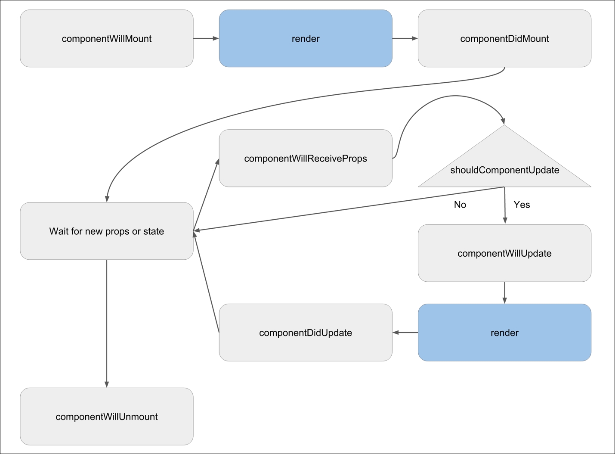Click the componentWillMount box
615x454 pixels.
click(x=106, y=39)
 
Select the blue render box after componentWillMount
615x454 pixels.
click(x=306, y=39)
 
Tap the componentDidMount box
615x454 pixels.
click(x=504, y=39)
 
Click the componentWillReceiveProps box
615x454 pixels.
click(x=306, y=159)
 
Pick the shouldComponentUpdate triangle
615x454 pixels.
click(x=504, y=168)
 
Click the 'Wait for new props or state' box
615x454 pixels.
click(x=106, y=231)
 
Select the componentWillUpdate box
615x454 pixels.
click(x=504, y=253)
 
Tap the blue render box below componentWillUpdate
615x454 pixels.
click(x=504, y=333)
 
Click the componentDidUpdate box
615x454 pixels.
click(x=306, y=333)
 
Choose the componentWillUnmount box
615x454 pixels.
click(x=106, y=417)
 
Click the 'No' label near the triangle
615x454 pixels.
click(x=460, y=205)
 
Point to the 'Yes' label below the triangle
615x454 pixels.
click(x=522, y=205)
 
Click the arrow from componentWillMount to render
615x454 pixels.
click(x=206, y=38)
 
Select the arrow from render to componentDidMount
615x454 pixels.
click(x=405, y=38)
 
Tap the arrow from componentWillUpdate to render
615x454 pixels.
click(x=504, y=293)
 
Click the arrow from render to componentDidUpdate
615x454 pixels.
click(x=405, y=333)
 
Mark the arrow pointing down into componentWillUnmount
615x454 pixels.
click(x=106, y=323)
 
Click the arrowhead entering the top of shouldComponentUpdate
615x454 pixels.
click(x=503, y=121)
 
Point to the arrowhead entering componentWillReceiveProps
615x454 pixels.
click(x=217, y=162)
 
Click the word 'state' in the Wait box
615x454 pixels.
click(x=154, y=231)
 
